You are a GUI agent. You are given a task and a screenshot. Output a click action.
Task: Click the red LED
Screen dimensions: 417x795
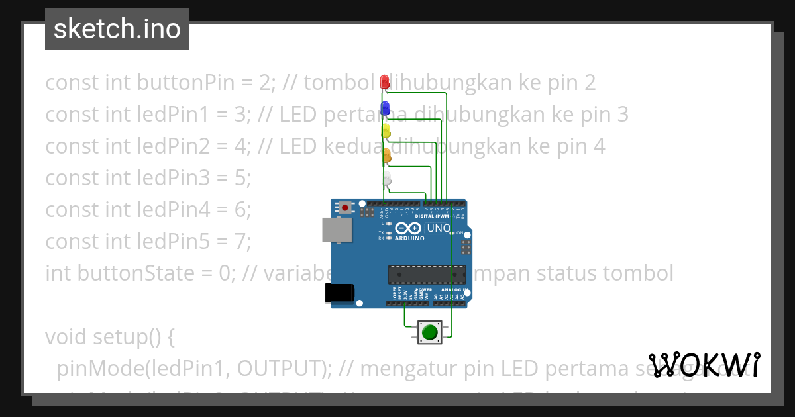384,81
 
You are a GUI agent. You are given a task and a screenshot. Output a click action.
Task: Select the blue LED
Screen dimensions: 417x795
385,108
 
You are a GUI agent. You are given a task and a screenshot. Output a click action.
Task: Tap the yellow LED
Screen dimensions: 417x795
386,131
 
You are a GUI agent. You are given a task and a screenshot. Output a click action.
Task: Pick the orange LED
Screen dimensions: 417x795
387,156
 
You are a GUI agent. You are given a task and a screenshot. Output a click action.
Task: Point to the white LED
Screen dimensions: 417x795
388,179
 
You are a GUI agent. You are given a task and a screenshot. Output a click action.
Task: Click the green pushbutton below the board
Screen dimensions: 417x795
429,332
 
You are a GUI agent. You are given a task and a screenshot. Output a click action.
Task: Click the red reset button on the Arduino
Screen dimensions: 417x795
345,208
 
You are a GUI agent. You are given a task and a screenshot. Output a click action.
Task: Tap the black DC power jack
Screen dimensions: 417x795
339,293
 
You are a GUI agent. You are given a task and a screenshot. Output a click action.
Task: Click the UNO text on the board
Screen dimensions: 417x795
439,228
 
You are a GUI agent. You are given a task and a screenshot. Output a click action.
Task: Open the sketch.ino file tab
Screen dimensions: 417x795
117,29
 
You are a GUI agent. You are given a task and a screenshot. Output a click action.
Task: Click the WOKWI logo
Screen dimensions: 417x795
704,365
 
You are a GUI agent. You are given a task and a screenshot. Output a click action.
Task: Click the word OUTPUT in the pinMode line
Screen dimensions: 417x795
281,368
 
